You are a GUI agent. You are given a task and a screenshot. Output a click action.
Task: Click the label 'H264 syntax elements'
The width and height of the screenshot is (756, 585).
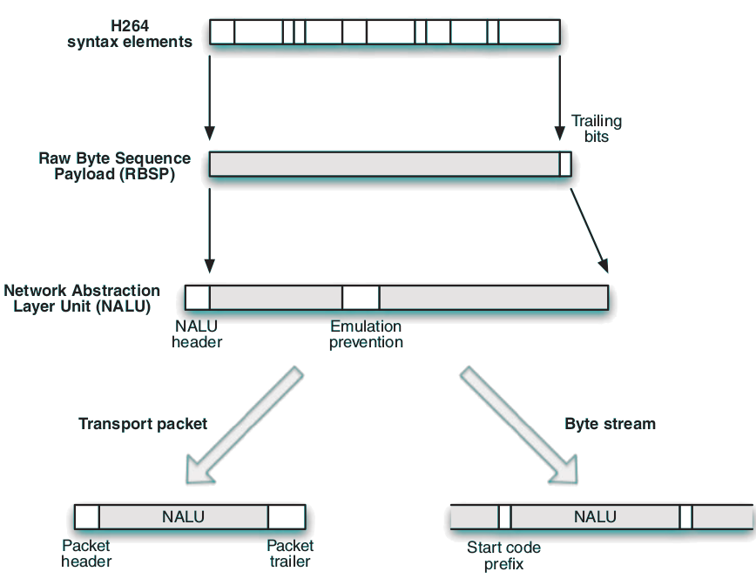tap(130, 34)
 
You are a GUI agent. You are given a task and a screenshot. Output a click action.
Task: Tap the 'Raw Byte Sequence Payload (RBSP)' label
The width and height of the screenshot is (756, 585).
tap(114, 165)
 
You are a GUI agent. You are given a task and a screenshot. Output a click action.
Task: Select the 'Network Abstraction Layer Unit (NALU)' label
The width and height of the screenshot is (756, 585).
tap(82, 299)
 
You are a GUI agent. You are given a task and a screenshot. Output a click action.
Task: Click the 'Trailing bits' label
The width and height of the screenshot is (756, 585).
tap(597, 129)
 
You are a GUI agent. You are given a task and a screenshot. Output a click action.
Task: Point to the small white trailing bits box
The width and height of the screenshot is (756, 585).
tap(565, 164)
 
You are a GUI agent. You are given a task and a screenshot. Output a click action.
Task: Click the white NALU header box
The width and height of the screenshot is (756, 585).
tap(198, 297)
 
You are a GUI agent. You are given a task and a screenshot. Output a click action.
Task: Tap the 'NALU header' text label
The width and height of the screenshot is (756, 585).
tap(197, 334)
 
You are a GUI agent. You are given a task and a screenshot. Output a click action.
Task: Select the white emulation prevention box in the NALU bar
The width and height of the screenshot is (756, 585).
tap(361, 297)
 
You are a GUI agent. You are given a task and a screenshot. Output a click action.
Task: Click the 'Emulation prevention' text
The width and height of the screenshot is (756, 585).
tap(366, 334)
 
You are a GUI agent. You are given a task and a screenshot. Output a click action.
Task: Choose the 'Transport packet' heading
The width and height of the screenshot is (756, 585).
tap(143, 424)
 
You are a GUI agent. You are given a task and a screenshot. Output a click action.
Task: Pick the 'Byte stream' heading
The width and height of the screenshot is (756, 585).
tap(610, 424)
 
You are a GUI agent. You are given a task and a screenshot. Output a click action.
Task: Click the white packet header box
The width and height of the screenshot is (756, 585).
tap(87, 517)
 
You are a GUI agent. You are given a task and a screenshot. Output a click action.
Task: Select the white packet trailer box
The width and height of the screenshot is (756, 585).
tap(287, 517)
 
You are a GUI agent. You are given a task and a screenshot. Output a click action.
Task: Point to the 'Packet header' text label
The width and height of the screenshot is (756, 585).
tap(86, 554)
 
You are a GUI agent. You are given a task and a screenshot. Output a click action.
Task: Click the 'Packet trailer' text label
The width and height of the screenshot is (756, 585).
tap(290, 554)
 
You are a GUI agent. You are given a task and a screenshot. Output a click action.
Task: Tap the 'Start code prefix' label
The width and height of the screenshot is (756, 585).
tap(503, 555)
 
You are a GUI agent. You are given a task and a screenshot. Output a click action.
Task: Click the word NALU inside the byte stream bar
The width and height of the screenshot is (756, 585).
tap(595, 517)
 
